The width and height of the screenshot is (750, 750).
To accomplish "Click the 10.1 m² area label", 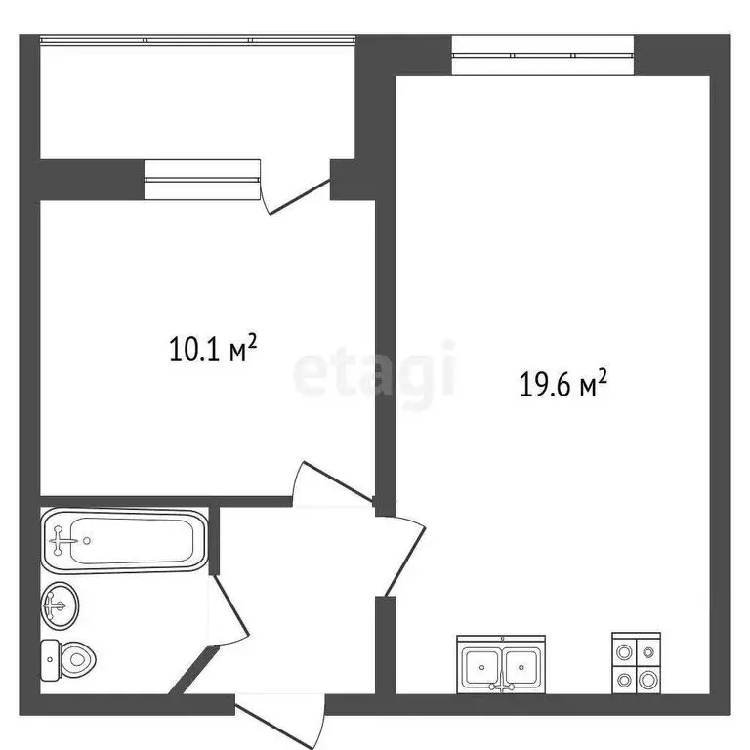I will tap(213, 348).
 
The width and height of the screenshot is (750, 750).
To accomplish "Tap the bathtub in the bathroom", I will tap(124, 540).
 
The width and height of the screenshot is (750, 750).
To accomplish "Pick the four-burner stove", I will tap(636, 663).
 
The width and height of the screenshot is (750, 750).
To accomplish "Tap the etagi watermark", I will tap(375, 372).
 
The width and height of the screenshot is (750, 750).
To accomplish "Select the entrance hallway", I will tap(298, 605).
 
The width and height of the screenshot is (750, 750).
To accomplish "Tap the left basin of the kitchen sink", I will tap(481, 668).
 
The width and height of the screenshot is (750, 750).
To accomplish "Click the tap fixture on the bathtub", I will tap(66, 538).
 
